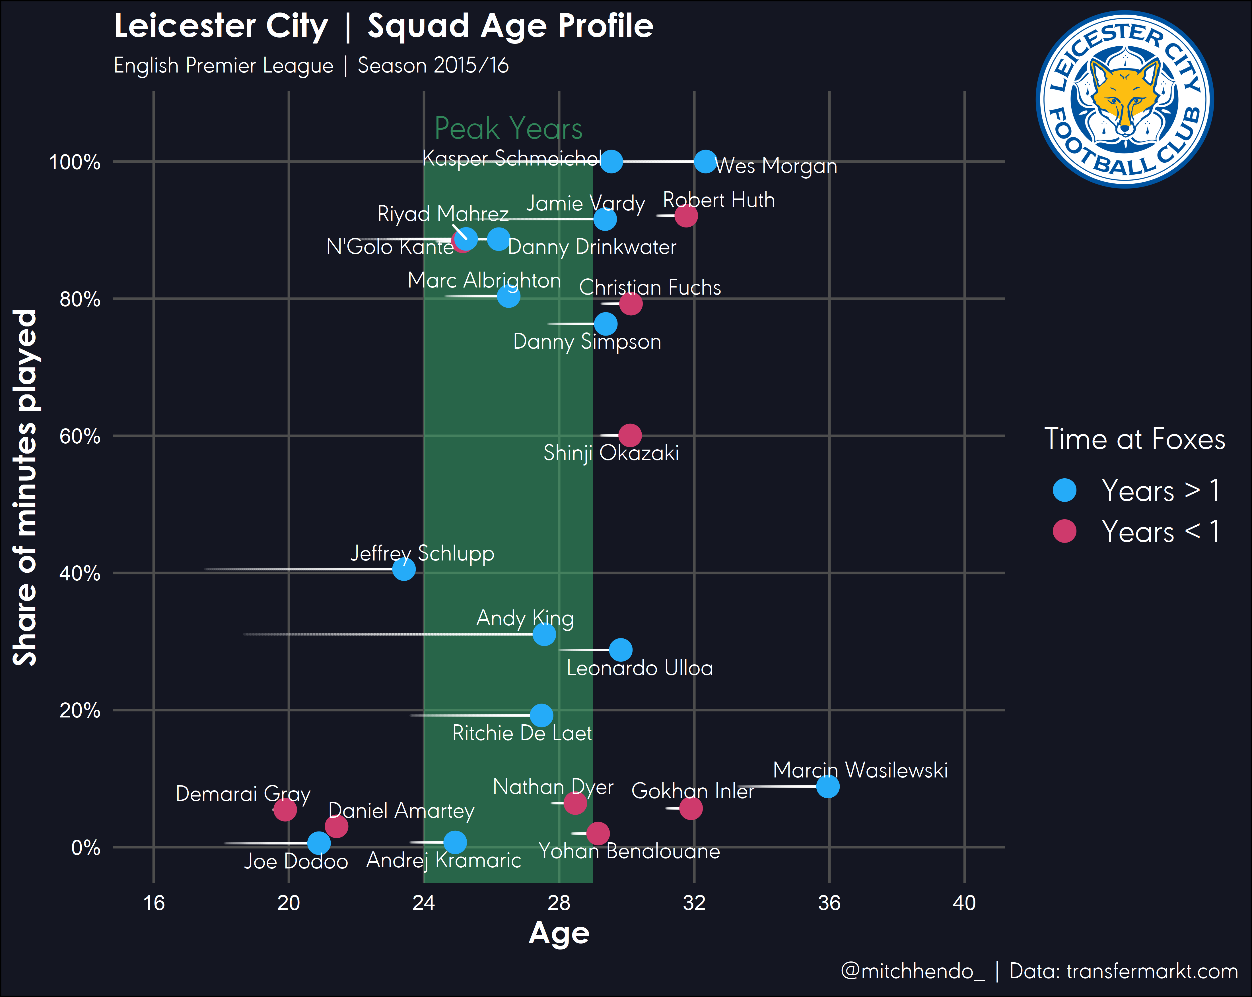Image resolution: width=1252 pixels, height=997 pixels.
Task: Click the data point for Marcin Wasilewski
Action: [x=827, y=786]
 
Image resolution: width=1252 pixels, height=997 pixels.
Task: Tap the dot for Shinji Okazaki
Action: [x=630, y=435]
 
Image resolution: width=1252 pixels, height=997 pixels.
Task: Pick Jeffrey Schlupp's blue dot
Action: [x=403, y=569]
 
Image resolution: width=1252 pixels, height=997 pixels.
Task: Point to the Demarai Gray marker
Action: [x=285, y=809]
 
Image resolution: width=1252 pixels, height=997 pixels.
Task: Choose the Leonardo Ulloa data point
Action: [x=621, y=650]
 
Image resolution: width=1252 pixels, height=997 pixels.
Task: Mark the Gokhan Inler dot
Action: [x=691, y=808]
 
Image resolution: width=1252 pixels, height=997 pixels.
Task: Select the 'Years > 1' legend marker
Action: [x=1064, y=490]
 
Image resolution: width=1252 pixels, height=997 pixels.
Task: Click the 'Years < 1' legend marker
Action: [x=1064, y=531]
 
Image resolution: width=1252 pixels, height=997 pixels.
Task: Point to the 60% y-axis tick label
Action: [x=80, y=437]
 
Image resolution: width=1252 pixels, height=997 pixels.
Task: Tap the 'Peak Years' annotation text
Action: [x=508, y=128]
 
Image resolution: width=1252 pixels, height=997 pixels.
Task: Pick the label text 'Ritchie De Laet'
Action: [x=522, y=734]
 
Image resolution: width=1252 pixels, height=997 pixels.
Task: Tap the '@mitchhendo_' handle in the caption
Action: [x=913, y=971]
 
